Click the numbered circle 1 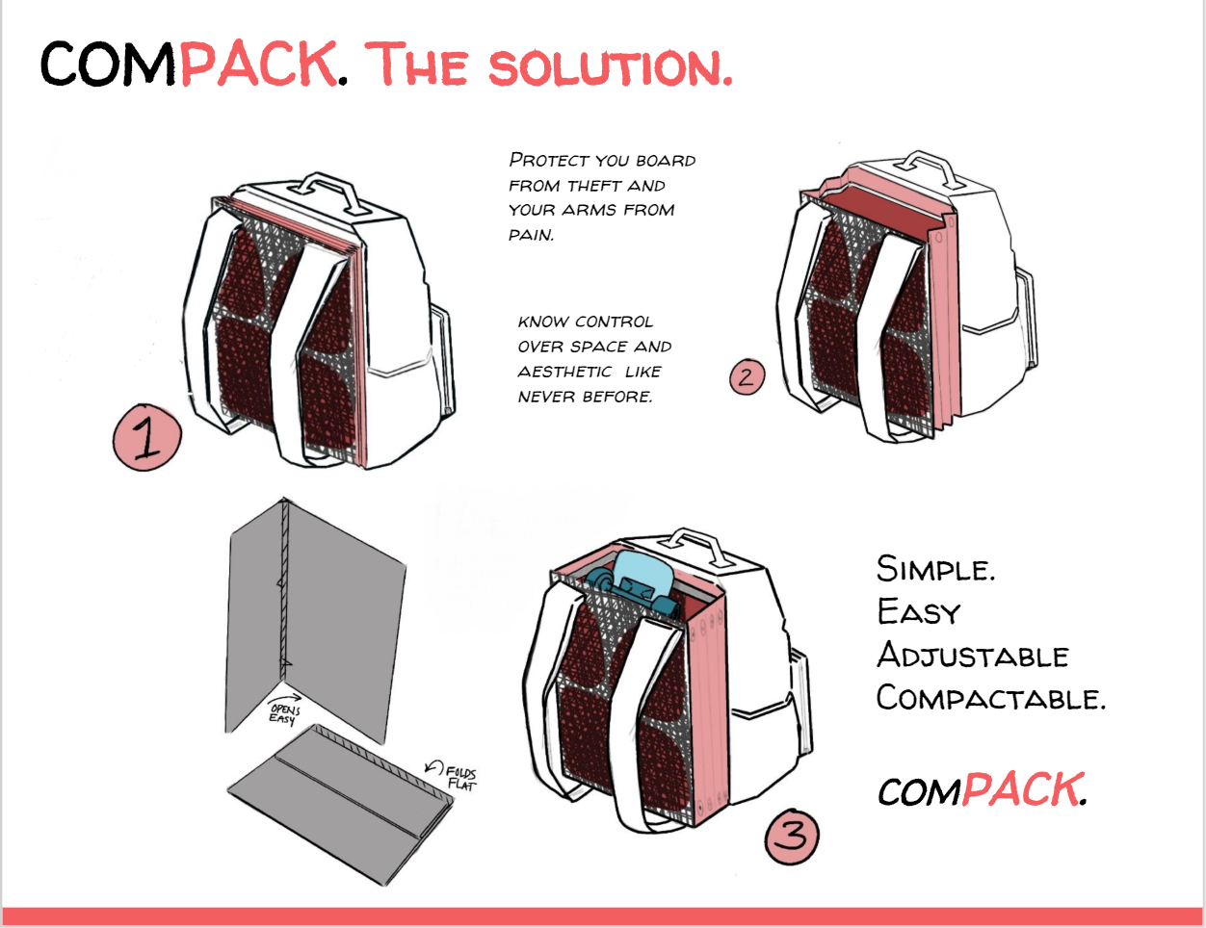147,438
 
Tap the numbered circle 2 746,376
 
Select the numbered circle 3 791,835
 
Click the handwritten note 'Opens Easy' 283,714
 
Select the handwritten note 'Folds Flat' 460,778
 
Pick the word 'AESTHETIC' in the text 564,373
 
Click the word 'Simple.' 935,569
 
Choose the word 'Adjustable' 973,657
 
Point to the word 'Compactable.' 990,698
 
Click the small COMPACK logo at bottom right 982,791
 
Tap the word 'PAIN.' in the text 532,235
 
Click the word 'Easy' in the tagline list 919,612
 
